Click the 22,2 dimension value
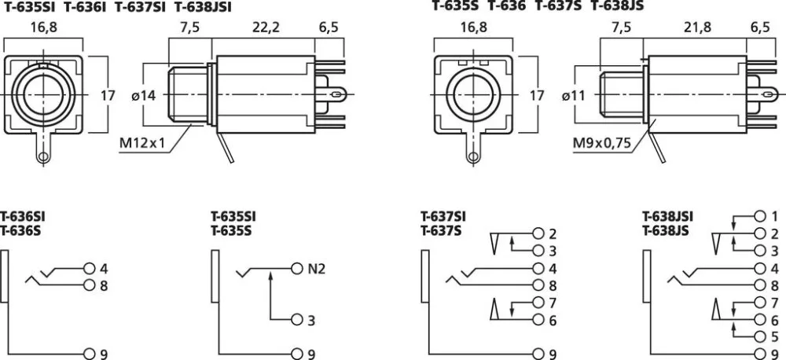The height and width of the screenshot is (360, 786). coord(266,28)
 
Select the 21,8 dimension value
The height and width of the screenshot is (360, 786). coord(697,28)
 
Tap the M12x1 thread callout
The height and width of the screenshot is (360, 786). coord(142,143)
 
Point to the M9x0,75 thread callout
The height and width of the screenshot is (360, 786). coord(602,143)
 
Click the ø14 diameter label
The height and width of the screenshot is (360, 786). coord(144,95)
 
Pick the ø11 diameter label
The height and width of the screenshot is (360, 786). coord(574,95)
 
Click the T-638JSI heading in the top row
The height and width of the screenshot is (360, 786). coord(204,7)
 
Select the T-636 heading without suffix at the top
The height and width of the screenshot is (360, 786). coord(507,6)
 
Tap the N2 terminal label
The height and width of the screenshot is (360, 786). coord(316,269)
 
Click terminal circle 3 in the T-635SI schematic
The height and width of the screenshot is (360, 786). coord(297,320)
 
